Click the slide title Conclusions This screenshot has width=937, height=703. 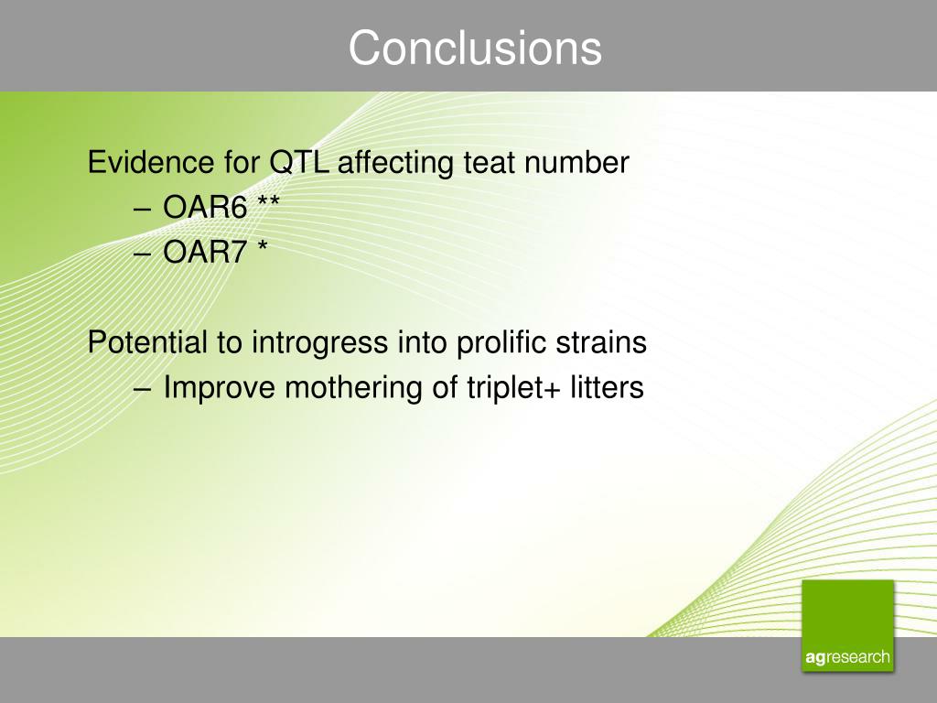point(475,48)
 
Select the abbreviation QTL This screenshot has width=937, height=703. point(299,163)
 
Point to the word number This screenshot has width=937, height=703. point(576,163)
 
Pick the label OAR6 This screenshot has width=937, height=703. point(205,208)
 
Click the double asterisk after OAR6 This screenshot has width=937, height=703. point(268,201)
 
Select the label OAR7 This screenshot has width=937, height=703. point(205,252)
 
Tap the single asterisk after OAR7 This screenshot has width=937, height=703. point(263,245)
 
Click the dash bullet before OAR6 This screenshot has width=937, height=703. point(143,210)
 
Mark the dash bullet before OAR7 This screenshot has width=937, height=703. point(143,254)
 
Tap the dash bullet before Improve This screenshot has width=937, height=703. point(143,390)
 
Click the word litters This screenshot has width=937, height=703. point(608,387)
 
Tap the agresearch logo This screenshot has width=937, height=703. point(848,626)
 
